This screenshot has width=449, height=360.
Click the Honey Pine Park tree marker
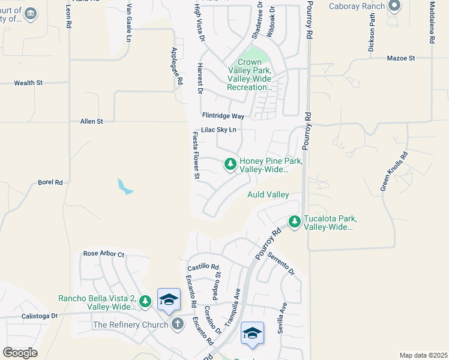tap(230, 163)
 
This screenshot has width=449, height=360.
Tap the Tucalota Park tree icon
tap(294, 222)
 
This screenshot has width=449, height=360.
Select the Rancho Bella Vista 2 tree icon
tap(145, 300)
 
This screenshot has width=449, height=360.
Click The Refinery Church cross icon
tap(177, 324)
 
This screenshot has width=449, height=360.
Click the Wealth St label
tap(28, 83)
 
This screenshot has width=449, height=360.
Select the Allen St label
tap(92, 121)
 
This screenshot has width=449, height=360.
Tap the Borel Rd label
tap(50, 182)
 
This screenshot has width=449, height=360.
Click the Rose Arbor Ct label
tap(103, 254)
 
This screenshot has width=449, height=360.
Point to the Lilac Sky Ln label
tap(219, 130)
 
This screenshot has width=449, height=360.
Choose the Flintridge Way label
tap(223, 115)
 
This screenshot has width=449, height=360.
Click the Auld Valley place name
tap(268, 194)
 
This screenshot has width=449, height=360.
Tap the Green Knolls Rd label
tap(394, 172)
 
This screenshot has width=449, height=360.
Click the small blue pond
tap(125, 187)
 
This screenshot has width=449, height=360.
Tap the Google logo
tap(20, 353)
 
